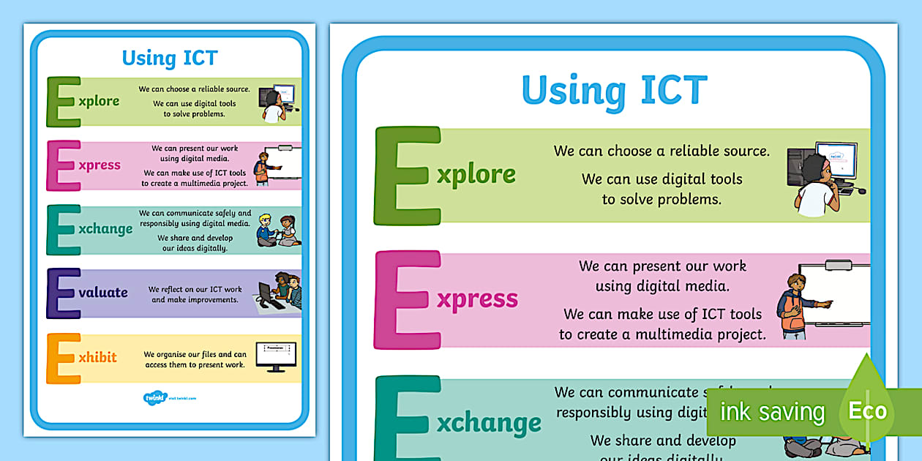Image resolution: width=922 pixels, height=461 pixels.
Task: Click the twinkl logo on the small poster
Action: (x=155, y=398)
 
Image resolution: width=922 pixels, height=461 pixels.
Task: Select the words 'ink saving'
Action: (x=772, y=412)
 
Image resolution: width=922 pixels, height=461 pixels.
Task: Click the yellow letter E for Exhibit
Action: (x=63, y=358)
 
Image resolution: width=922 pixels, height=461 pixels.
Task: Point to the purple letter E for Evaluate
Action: (x=63, y=293)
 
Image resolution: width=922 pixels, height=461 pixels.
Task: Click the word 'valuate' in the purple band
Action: (x=103, y=293)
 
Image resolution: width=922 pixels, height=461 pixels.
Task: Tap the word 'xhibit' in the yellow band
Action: (x=97, y=358)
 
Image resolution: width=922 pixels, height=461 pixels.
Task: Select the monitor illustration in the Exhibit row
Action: (x=276, y=356)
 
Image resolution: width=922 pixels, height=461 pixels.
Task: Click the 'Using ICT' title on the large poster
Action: (x=614, y=91)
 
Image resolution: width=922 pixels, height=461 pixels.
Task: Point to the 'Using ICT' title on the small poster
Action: (x=170, y=58)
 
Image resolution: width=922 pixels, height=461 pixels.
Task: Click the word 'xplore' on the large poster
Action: (x=476, y=175)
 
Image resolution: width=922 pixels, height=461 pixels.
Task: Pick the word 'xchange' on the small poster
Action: (x=105, y=229)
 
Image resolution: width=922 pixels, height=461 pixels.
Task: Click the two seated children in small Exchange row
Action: (x=277, y=230)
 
